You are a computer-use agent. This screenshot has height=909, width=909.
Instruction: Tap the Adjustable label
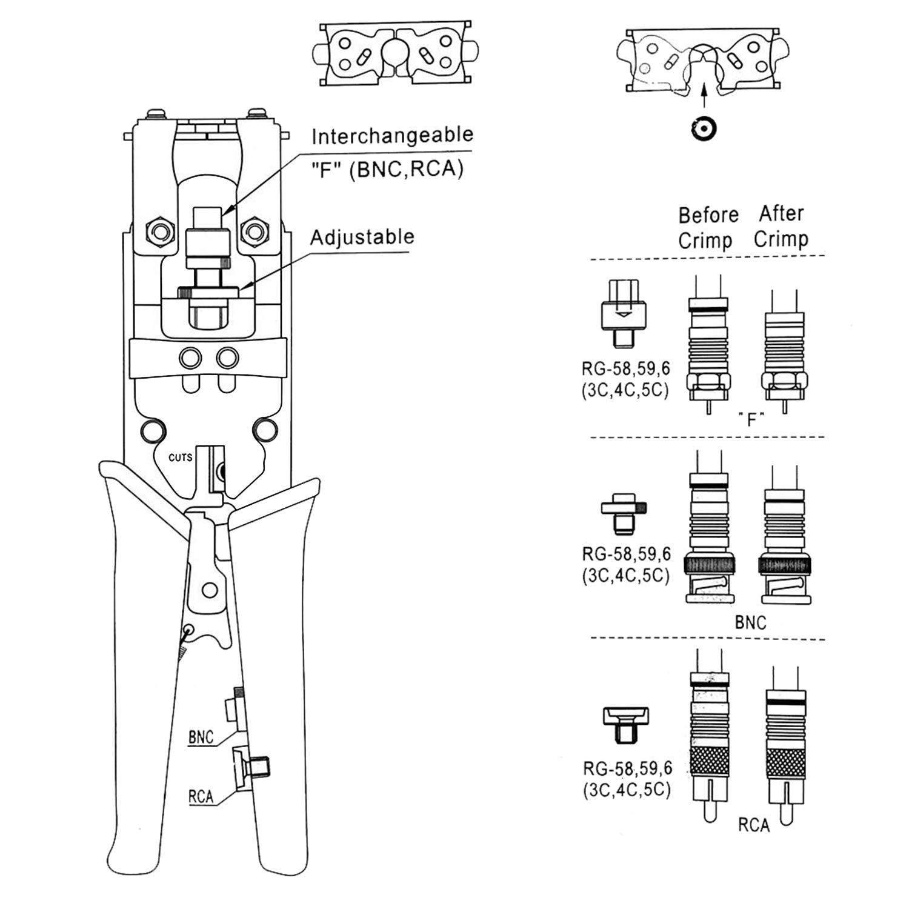click(362, 237)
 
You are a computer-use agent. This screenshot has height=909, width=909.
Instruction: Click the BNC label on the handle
click(201, 738)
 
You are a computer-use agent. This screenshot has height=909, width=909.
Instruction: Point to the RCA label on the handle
click(201, 796)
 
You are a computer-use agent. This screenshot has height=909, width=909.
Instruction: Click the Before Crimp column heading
click(707, 228)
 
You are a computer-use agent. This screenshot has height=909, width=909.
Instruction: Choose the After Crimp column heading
click(781, 227)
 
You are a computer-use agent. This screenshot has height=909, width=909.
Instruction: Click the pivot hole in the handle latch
click(210, 589)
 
